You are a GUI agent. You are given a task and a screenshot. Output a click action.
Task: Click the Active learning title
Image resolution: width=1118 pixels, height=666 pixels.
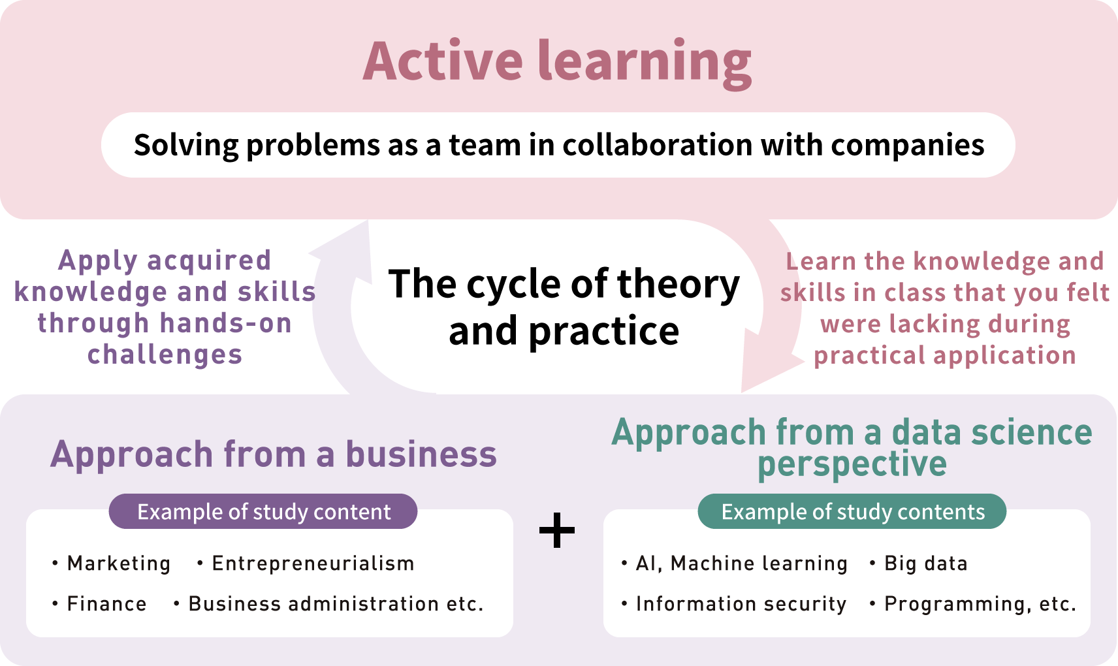coord(557,61)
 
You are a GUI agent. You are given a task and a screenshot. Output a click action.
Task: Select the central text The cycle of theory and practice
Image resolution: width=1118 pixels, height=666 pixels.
coord(564,307)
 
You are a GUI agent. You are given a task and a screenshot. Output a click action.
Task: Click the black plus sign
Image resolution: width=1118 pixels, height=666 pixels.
coord(557,530)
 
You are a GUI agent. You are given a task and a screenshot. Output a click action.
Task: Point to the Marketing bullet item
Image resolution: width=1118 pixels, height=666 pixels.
coord(118,563)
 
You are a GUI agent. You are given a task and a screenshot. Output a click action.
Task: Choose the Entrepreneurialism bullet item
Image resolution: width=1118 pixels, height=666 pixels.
coord(313,563)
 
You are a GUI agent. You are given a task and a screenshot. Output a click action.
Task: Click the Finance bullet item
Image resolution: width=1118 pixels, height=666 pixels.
coord(106,604)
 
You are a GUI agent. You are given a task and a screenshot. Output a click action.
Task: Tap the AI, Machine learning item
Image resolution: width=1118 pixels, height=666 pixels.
coord(741,563)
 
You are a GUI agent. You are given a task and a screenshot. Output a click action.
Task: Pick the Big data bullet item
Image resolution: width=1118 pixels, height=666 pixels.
coord(925,563)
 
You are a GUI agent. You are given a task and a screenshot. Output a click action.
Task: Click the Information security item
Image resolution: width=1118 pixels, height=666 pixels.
coord(741,604)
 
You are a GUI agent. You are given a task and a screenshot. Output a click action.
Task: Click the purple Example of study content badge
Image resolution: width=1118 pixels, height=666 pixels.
coord(263,512)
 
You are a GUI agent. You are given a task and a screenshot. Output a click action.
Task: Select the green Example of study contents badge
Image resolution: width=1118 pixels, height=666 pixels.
coord(852,512)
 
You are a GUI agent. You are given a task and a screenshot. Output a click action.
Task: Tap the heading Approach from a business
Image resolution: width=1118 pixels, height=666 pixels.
coord(274,454)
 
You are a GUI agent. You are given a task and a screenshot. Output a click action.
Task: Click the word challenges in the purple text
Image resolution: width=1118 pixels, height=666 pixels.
coord(165,355)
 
